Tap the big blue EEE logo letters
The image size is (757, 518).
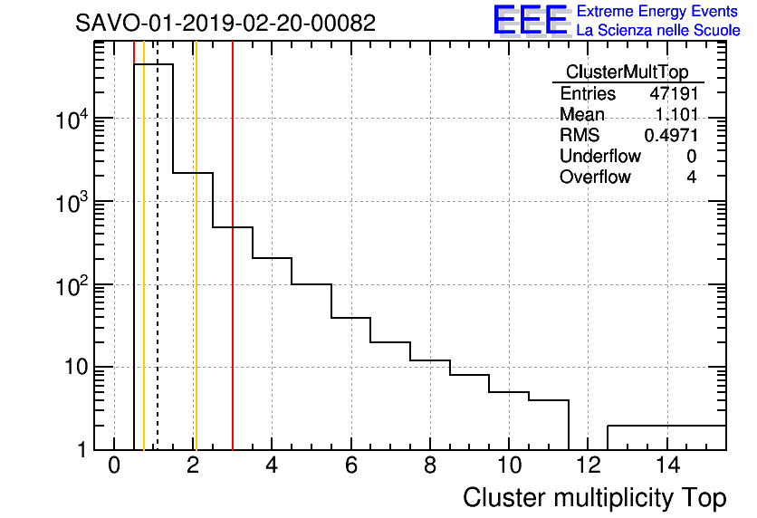coord(531,21)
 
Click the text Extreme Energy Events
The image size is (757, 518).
coord(658,12)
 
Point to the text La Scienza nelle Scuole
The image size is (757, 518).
coord(658,31)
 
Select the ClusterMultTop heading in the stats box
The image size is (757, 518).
coord(627,72)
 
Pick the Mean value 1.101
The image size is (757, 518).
coord(676,115)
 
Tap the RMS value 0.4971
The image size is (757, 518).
coord(671,135)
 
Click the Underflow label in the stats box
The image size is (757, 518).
coord(599,156)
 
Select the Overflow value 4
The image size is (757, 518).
coord(691,177)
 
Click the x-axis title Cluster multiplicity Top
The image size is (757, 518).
coord(594,497)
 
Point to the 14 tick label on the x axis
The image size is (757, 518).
coord(666,466)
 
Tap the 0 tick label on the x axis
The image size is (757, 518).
coord(114,466)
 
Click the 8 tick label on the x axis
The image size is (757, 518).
coord(430,466)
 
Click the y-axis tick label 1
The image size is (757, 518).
coord(84,450)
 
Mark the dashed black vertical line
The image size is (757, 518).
coord(158,272)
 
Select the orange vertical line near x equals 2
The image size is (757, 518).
coord(195,272)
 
